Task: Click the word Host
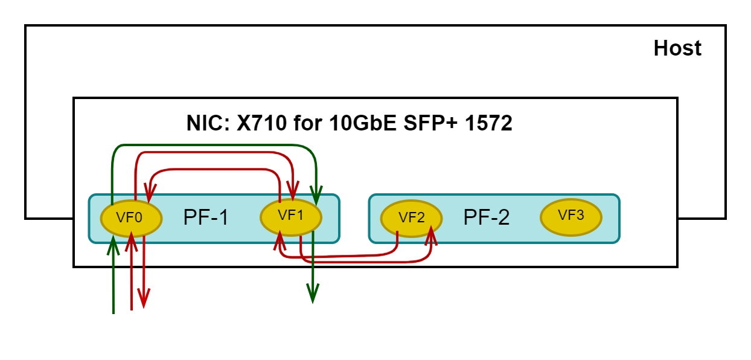click(x=677, y=48)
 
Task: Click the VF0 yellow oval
click(x=130, y=218)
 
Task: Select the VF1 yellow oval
click(x=290, y=216)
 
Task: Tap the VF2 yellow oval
click(x=412, y=218)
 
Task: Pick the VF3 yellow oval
click(x=570, y=216)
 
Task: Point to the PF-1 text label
click(x=206, y=218)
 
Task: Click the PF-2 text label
click(x=486, y=218)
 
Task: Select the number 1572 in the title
click(x=487, y=123)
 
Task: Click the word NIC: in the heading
click(x=208, y=123)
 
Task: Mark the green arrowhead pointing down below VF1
click(x=312, y=295)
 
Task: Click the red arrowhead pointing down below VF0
click(x=144, y=299)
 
